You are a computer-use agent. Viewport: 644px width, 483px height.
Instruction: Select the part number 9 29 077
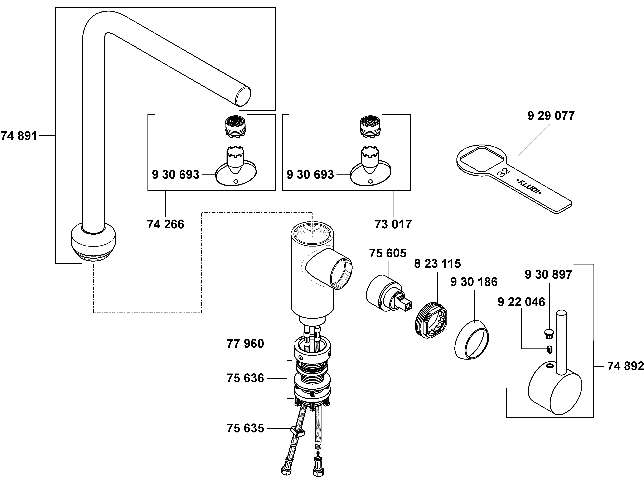[x=551, y=116]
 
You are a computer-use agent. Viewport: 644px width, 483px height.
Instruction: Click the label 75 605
[x=388, y=253]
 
